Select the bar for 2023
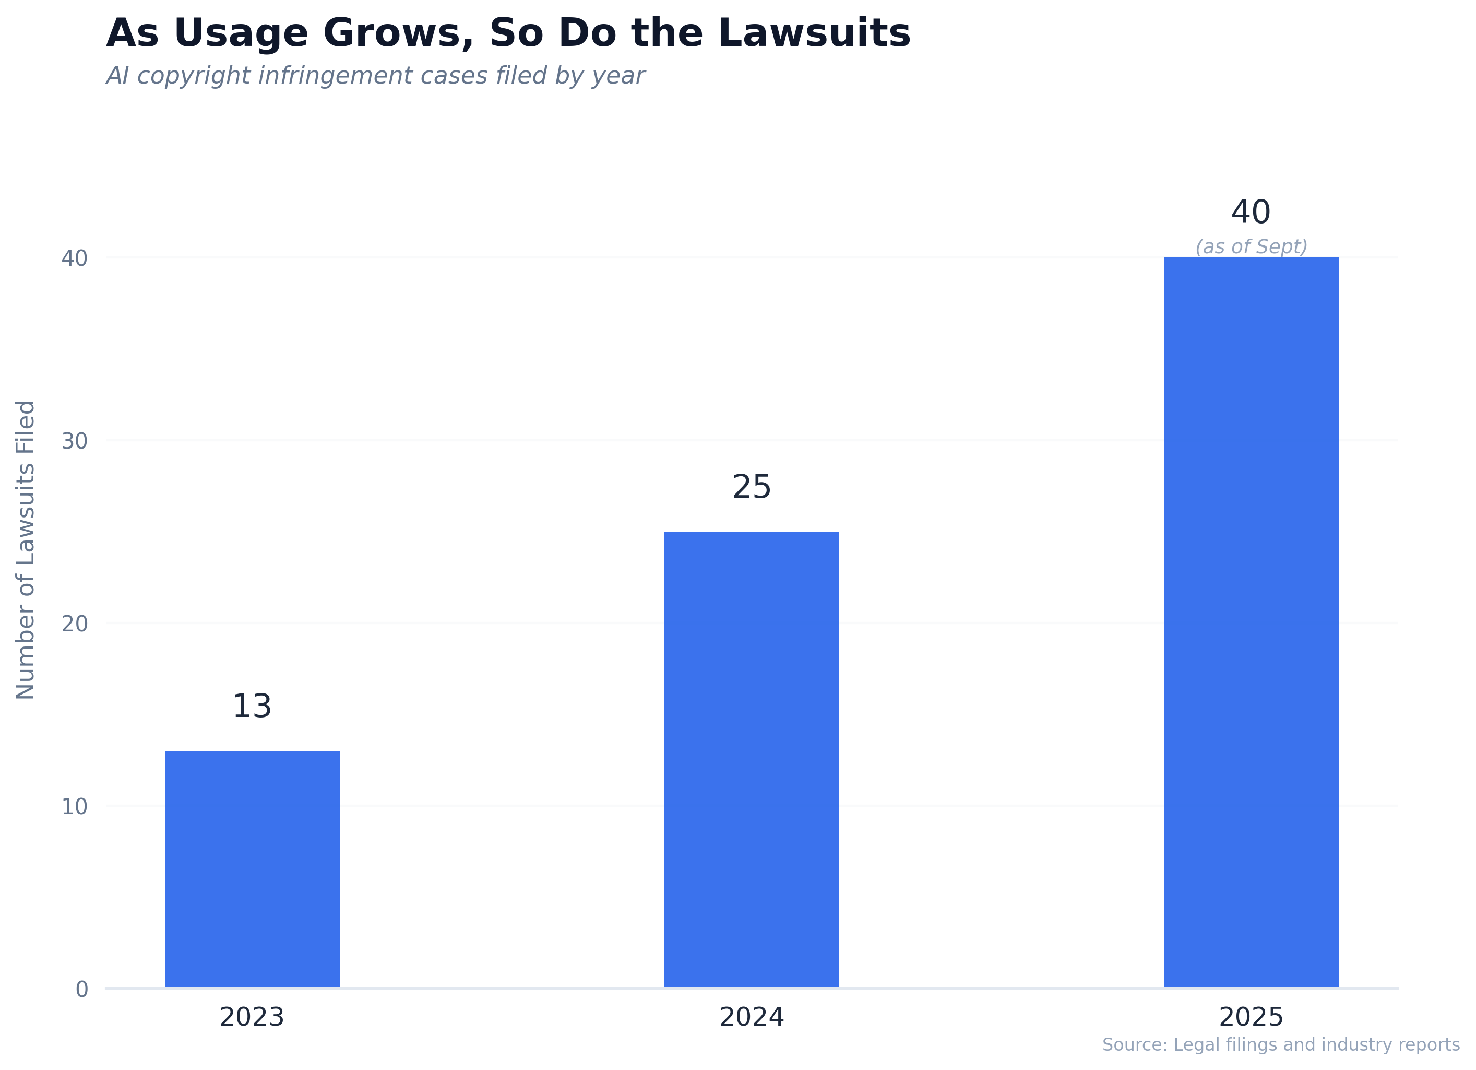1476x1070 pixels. click(252, 869)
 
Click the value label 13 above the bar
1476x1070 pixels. click(252, 707)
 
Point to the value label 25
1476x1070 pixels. click(751, 487)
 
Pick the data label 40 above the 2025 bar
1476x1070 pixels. click(1250, 213)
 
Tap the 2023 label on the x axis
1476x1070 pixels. click(252, 1017)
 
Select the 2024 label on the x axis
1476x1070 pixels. click(751, 1017)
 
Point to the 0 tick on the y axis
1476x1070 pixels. click(82, 990)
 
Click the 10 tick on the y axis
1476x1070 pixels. click(74, 807)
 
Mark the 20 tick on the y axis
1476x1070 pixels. click(74, 624)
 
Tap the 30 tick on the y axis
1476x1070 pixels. click(74, 441)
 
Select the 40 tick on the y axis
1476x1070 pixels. click(74, 258)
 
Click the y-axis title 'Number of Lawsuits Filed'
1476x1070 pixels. click(26, 550)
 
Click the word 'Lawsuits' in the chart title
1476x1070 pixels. click(814, 33)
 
